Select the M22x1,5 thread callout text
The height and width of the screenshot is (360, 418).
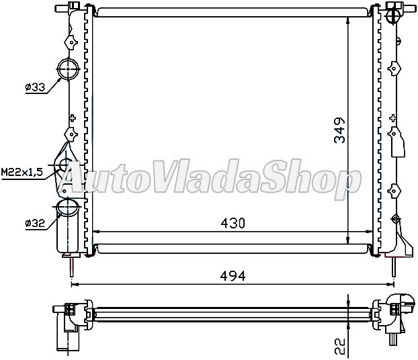(x=22, y=173)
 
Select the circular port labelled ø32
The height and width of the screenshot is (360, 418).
(x=67, y=208)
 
